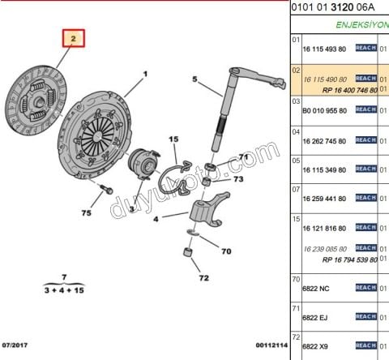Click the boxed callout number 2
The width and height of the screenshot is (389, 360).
[73, 37]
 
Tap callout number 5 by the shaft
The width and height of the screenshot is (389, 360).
[195, 79]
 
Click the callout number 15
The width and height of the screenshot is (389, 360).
[173, 139]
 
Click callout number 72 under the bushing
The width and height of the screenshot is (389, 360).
[203, 278]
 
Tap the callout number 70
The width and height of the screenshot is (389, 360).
[226, 251]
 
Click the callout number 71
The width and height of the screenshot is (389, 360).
[243, 156]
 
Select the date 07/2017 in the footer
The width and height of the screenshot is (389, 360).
[17, 345]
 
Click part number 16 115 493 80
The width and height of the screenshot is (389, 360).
[324, 49]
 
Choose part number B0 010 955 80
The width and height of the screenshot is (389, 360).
[324, 109]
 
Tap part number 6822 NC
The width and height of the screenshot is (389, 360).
[315, 289]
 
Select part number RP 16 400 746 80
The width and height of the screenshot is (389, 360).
[350, 89]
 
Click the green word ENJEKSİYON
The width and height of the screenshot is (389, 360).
[361, 24]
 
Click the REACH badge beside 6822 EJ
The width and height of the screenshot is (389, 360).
[366, 317]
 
